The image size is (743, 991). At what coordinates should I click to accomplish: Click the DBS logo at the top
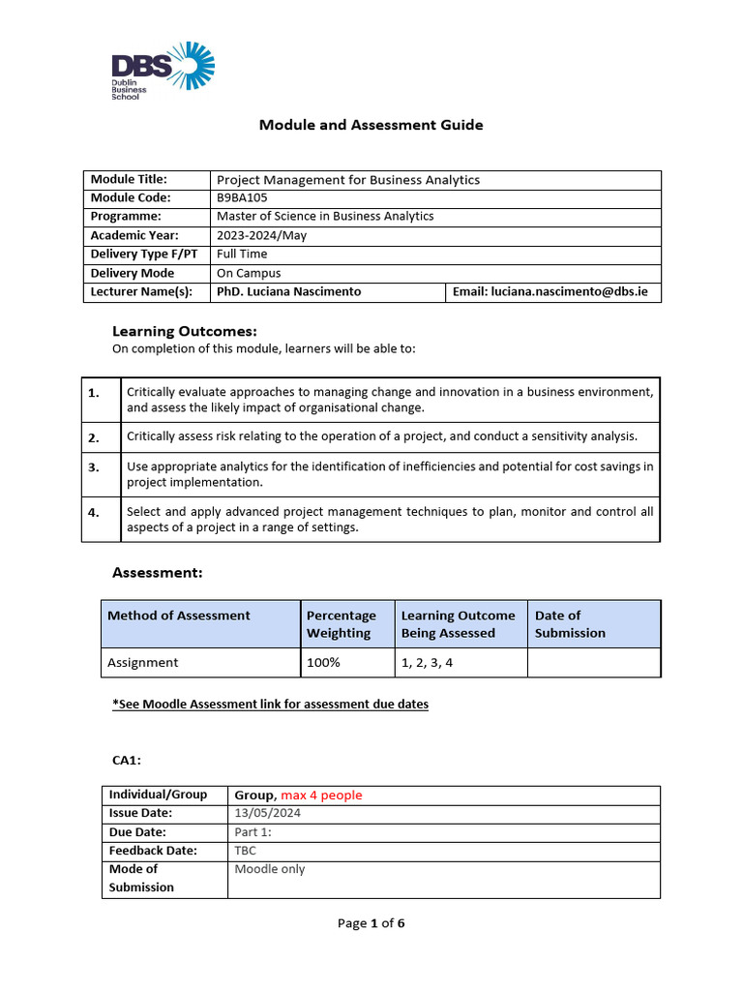click(x=163, y=72)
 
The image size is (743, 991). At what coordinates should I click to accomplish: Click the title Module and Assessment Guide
click(x=371, y=125)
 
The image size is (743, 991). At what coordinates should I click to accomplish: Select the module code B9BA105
click(x=242, y=198)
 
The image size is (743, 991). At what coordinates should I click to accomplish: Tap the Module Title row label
click(x=129, y=179)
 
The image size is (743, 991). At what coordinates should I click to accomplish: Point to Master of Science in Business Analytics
click(x=325, y=217)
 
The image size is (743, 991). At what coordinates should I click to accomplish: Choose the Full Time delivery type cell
click(x=239, y=255)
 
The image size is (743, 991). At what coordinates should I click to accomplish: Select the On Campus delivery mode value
click(x=249, y=274)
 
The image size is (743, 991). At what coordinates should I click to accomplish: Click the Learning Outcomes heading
click(x=184, y=331)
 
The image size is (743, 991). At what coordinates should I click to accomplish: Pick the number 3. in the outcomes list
click(x=94, y=467)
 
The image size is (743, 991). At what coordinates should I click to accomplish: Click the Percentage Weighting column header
click(x=341, y=624)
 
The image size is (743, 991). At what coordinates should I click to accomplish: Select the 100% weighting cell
click(x=321, y=663)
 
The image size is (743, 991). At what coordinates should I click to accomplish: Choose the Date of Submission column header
click(x=570, y=624)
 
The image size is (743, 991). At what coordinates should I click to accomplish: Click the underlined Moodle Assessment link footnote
click(x=270, y=705)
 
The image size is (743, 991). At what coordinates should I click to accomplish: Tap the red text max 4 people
click(x=321, y=796)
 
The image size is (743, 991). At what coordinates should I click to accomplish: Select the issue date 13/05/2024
click(x=267, y=814)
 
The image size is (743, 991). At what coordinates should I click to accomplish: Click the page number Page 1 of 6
click(x=371, y=923)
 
